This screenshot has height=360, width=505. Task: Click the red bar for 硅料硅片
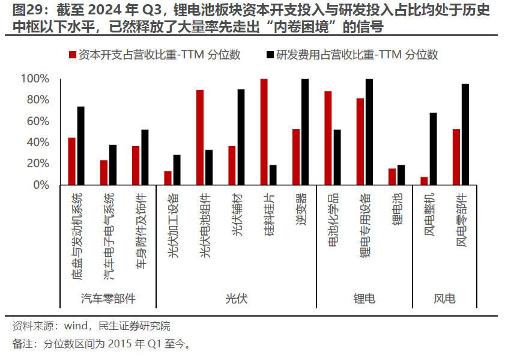coord(264,132)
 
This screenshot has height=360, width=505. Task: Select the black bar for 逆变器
coord(305,132)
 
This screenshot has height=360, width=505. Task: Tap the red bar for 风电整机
coord(424,181)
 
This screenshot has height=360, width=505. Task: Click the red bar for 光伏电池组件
coord(200,138)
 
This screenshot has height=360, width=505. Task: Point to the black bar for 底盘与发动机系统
coord(80,146)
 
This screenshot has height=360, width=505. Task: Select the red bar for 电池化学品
coord(328,138)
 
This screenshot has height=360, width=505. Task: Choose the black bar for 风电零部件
coord(465,135)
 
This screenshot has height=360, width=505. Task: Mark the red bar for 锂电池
coord(392,177)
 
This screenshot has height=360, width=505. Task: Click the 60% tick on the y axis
coord(37,121)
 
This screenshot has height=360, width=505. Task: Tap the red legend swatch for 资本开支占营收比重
coord(73,55)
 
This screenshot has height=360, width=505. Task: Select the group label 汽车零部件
coord(108,299)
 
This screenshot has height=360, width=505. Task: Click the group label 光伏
coord(237,299)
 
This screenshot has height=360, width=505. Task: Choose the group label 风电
coord(444,299)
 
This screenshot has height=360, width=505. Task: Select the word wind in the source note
coord(76,326)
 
